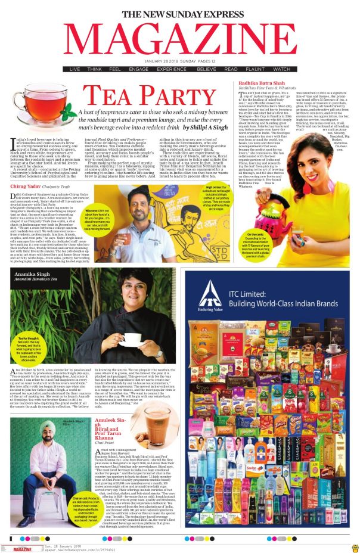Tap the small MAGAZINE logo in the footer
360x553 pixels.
23,548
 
